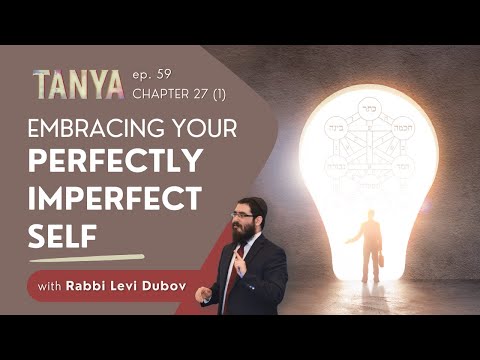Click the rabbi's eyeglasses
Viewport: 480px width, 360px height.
click(242, 213)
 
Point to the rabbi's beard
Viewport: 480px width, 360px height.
click(243, 230)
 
